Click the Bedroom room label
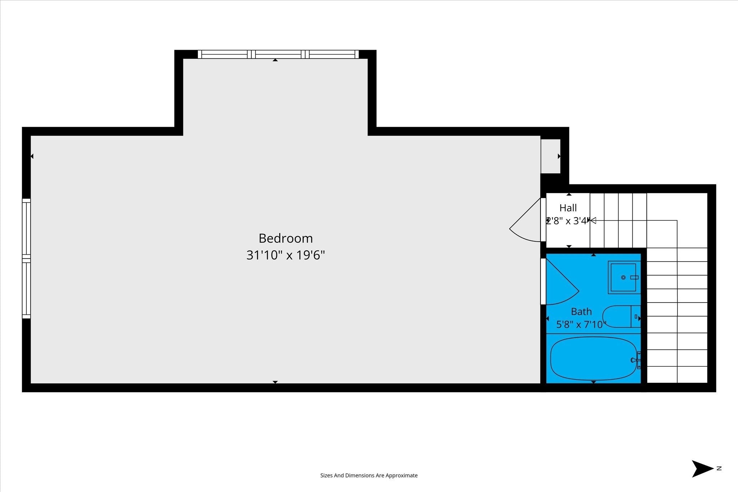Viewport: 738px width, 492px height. (286, 238)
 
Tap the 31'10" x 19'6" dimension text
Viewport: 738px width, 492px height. (286, 255)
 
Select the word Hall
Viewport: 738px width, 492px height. (568, 208)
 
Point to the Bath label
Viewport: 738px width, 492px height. (581, 312)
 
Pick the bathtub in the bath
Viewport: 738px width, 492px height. (593, 358)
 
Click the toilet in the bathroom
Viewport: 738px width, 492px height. (621, 316)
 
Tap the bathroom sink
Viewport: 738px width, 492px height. (624, 277)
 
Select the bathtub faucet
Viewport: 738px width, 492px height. (636, 360)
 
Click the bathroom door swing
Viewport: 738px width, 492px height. (562, 281)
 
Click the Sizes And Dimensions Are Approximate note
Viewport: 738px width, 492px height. (369, 475)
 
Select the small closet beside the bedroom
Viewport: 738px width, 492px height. (551, 156)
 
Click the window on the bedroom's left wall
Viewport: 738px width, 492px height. (26, 259)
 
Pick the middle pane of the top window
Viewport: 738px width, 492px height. (278, 54)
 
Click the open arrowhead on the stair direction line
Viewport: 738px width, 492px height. (593, 220)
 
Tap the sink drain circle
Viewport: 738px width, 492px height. (623, 277)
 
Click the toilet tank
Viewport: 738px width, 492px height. (636, 316)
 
